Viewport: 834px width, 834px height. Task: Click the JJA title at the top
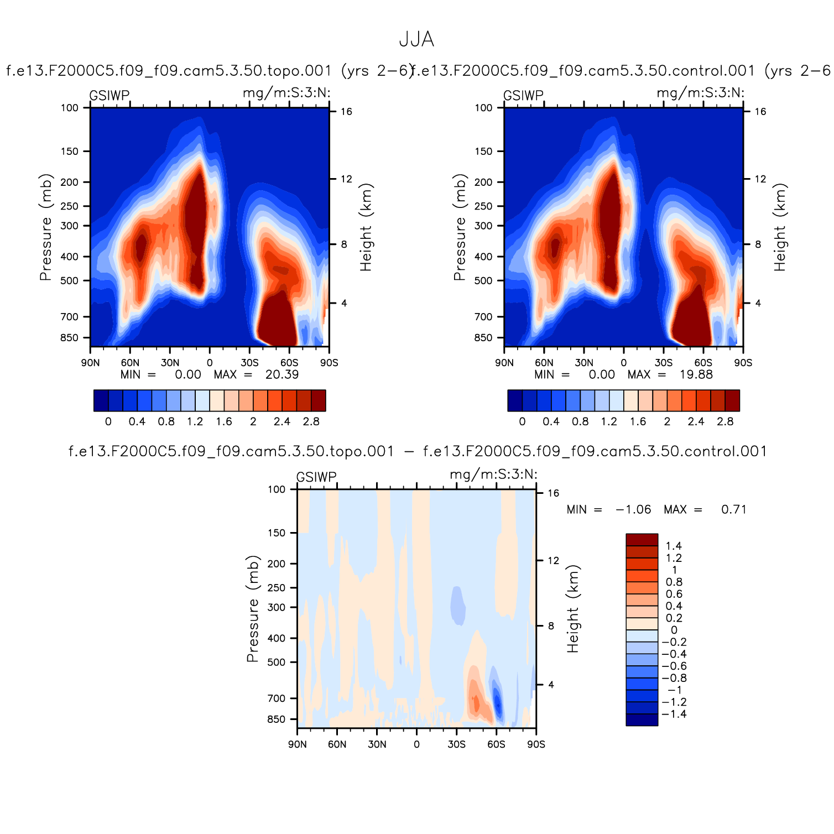pos(416,40)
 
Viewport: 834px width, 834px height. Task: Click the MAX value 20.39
pos(282,375)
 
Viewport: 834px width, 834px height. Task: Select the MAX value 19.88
pos(696,375)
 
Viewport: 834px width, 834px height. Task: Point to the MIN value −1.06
pos(633,510)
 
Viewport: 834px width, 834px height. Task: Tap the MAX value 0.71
pos(734,510)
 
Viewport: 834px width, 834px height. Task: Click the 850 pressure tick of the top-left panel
pos(70,338)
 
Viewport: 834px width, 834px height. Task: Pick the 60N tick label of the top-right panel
pos(544,363)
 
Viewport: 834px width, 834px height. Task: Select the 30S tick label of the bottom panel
pos(457,744)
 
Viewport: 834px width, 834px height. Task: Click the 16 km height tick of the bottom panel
pos(553,493)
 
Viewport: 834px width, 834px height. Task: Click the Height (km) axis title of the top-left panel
pos(366,227)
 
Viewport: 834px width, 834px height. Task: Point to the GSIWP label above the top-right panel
pos(523,96)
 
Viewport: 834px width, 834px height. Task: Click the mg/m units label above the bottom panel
pos(493,475)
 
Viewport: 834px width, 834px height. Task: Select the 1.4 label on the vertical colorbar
pos(674,546)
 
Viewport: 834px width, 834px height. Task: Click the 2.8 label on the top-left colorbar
pos(311,421)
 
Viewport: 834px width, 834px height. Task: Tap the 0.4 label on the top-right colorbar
pos(551,421)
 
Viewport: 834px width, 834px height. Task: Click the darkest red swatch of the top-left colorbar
pos(318,400)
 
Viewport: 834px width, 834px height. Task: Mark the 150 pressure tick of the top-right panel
pos(483,152)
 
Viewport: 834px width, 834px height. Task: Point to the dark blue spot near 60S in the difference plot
pos(498,704)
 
